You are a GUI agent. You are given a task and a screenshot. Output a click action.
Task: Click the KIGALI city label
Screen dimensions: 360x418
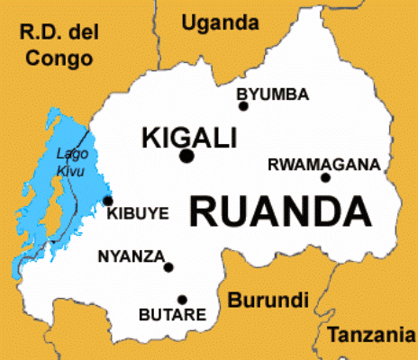189,138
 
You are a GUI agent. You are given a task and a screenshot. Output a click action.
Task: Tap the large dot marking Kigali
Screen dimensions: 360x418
186,157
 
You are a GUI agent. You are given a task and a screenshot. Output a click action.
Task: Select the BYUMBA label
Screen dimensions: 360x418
272,94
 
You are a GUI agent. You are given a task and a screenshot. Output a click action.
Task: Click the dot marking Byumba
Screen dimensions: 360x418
243,106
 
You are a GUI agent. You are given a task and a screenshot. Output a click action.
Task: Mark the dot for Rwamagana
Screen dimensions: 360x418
325,177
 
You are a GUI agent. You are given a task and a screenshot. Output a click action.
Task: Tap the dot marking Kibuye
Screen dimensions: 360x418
108,201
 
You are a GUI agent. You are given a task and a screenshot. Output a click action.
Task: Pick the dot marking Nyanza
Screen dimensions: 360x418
168,266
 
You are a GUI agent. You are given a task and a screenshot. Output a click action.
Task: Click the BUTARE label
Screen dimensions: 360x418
171,315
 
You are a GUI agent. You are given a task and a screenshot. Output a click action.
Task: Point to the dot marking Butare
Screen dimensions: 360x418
182,300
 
